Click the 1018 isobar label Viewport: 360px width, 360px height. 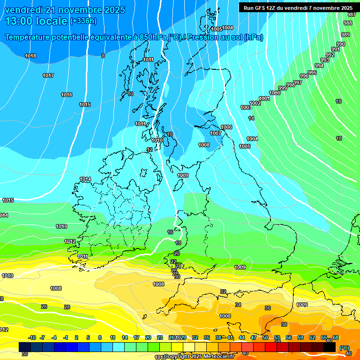point(30,56)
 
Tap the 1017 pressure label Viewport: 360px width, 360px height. point(48,76)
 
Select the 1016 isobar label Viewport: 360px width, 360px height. point(67,95)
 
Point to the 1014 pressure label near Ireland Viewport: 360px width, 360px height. point(85,180)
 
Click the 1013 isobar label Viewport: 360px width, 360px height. point(61,227)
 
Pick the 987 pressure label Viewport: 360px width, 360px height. point(352,15)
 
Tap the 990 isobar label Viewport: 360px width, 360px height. point(341,45)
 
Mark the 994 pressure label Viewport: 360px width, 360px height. point(319,66)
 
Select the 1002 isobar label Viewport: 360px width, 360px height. point(255,104)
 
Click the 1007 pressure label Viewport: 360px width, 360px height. point(216,134)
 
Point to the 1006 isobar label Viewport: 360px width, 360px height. point(226,127)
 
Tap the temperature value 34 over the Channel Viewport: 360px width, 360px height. point(238,305)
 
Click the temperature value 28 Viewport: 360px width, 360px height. point(67,307)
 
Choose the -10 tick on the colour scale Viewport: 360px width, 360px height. point(32,338)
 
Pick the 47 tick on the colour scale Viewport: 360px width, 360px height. point(254,338)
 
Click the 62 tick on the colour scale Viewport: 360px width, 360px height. point(312,338)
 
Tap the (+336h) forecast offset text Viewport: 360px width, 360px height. point(83,21)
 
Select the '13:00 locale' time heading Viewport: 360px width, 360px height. point(36,21)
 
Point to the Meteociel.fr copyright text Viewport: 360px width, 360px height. point(199,357)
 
